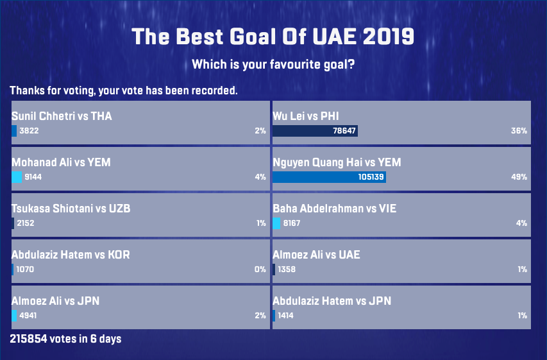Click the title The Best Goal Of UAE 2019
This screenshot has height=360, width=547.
coord(273,37)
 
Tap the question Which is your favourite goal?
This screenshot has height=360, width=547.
coord(273,65)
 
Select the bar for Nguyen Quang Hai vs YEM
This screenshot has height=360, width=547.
coord(329,177)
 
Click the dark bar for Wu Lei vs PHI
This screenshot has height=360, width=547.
coord(314,131)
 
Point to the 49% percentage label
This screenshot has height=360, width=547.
coord(519,177)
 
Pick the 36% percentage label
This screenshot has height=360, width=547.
coord(519,131)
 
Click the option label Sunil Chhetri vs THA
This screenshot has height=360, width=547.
coord(62,116)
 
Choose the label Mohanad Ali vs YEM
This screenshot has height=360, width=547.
coord(61,162)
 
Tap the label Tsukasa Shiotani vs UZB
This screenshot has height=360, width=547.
coord(71,209)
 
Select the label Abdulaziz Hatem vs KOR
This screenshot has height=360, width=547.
coord(71,255)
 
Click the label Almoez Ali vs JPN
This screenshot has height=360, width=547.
coord(55,301)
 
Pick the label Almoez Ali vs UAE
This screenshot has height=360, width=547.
coord(316,255)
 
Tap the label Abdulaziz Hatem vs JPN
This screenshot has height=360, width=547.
coord(332,301)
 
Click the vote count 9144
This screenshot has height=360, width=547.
coord(33,177)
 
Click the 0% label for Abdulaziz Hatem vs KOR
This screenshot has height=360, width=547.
coord(260,270)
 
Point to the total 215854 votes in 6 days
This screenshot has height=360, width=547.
coord(65,338)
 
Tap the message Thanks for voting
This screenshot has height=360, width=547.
coord(124,90)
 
